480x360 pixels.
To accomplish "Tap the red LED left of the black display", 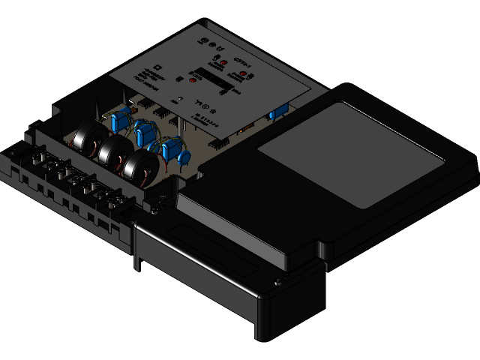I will tap(193, 79).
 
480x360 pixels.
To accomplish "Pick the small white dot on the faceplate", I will tap(179, 98).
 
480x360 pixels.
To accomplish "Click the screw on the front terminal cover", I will tap(280, 281).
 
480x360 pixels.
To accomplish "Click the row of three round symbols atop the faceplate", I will tap(204, 42).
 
